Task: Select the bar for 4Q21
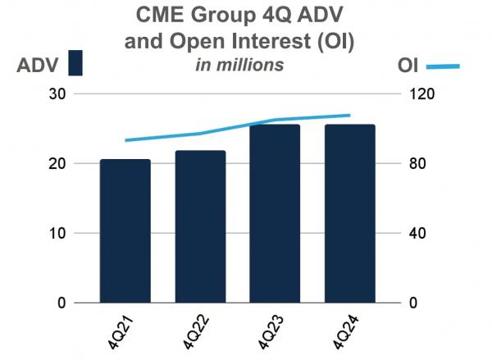pos(125,230)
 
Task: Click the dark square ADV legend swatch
pos(75,63)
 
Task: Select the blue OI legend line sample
pos(443,66)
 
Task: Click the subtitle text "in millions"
pos(239,65)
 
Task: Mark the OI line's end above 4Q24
pos(350,116)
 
